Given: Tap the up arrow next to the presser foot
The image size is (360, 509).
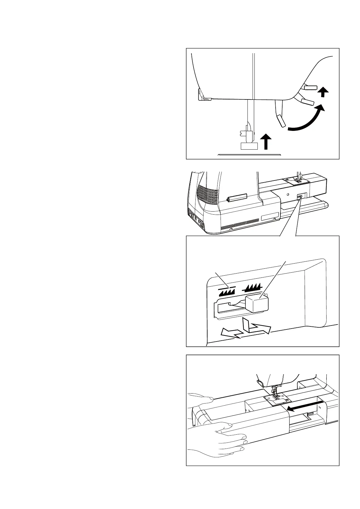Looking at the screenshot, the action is click(x=266, y=142).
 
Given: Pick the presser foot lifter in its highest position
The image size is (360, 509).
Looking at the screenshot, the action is click(x=310, y=88).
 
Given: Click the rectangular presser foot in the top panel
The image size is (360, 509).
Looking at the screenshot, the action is click(x=249, y=146).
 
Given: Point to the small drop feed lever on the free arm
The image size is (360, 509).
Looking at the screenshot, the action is click(x=299, y=197).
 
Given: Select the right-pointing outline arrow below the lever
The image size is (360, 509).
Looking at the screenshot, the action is click(x=259, y=328).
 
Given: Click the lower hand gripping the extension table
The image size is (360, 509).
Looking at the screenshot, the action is click(x=218, y=438).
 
